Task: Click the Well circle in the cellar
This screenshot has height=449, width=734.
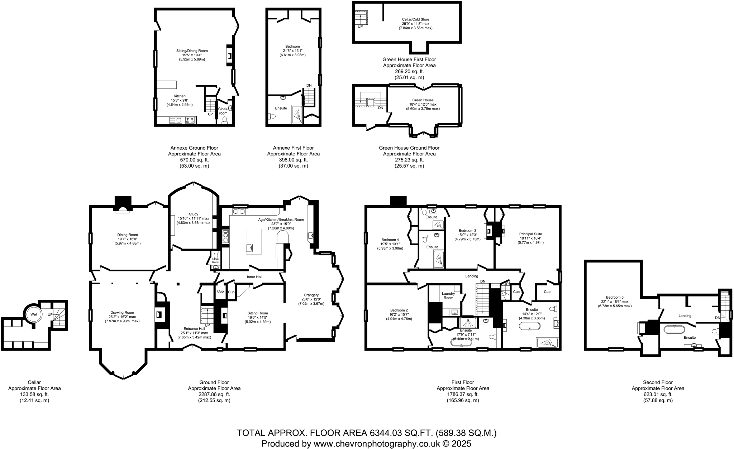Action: click(x=34, y=314)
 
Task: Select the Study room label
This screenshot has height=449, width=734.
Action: click(x=194, y=214)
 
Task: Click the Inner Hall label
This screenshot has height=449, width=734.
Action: click(x=254, y=277)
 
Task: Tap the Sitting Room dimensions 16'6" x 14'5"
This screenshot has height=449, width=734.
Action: click(x=257, y=317)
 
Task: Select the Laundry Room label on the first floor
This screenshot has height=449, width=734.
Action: click(x=448, y=296)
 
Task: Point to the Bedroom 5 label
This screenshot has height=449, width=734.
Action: click(x=615, y=297)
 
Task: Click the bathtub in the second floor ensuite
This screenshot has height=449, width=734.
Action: click(x=674, y=329)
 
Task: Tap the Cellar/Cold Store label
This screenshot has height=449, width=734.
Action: click(x=415, y=20)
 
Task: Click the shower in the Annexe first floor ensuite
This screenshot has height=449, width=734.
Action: click(x=297, y=114)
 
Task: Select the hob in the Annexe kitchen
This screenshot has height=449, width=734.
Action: click(x=190, y=120)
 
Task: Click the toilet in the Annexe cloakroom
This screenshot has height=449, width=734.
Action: click(x=225, y=120)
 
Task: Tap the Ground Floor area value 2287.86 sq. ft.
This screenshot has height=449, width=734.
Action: click(x=214, y=394)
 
